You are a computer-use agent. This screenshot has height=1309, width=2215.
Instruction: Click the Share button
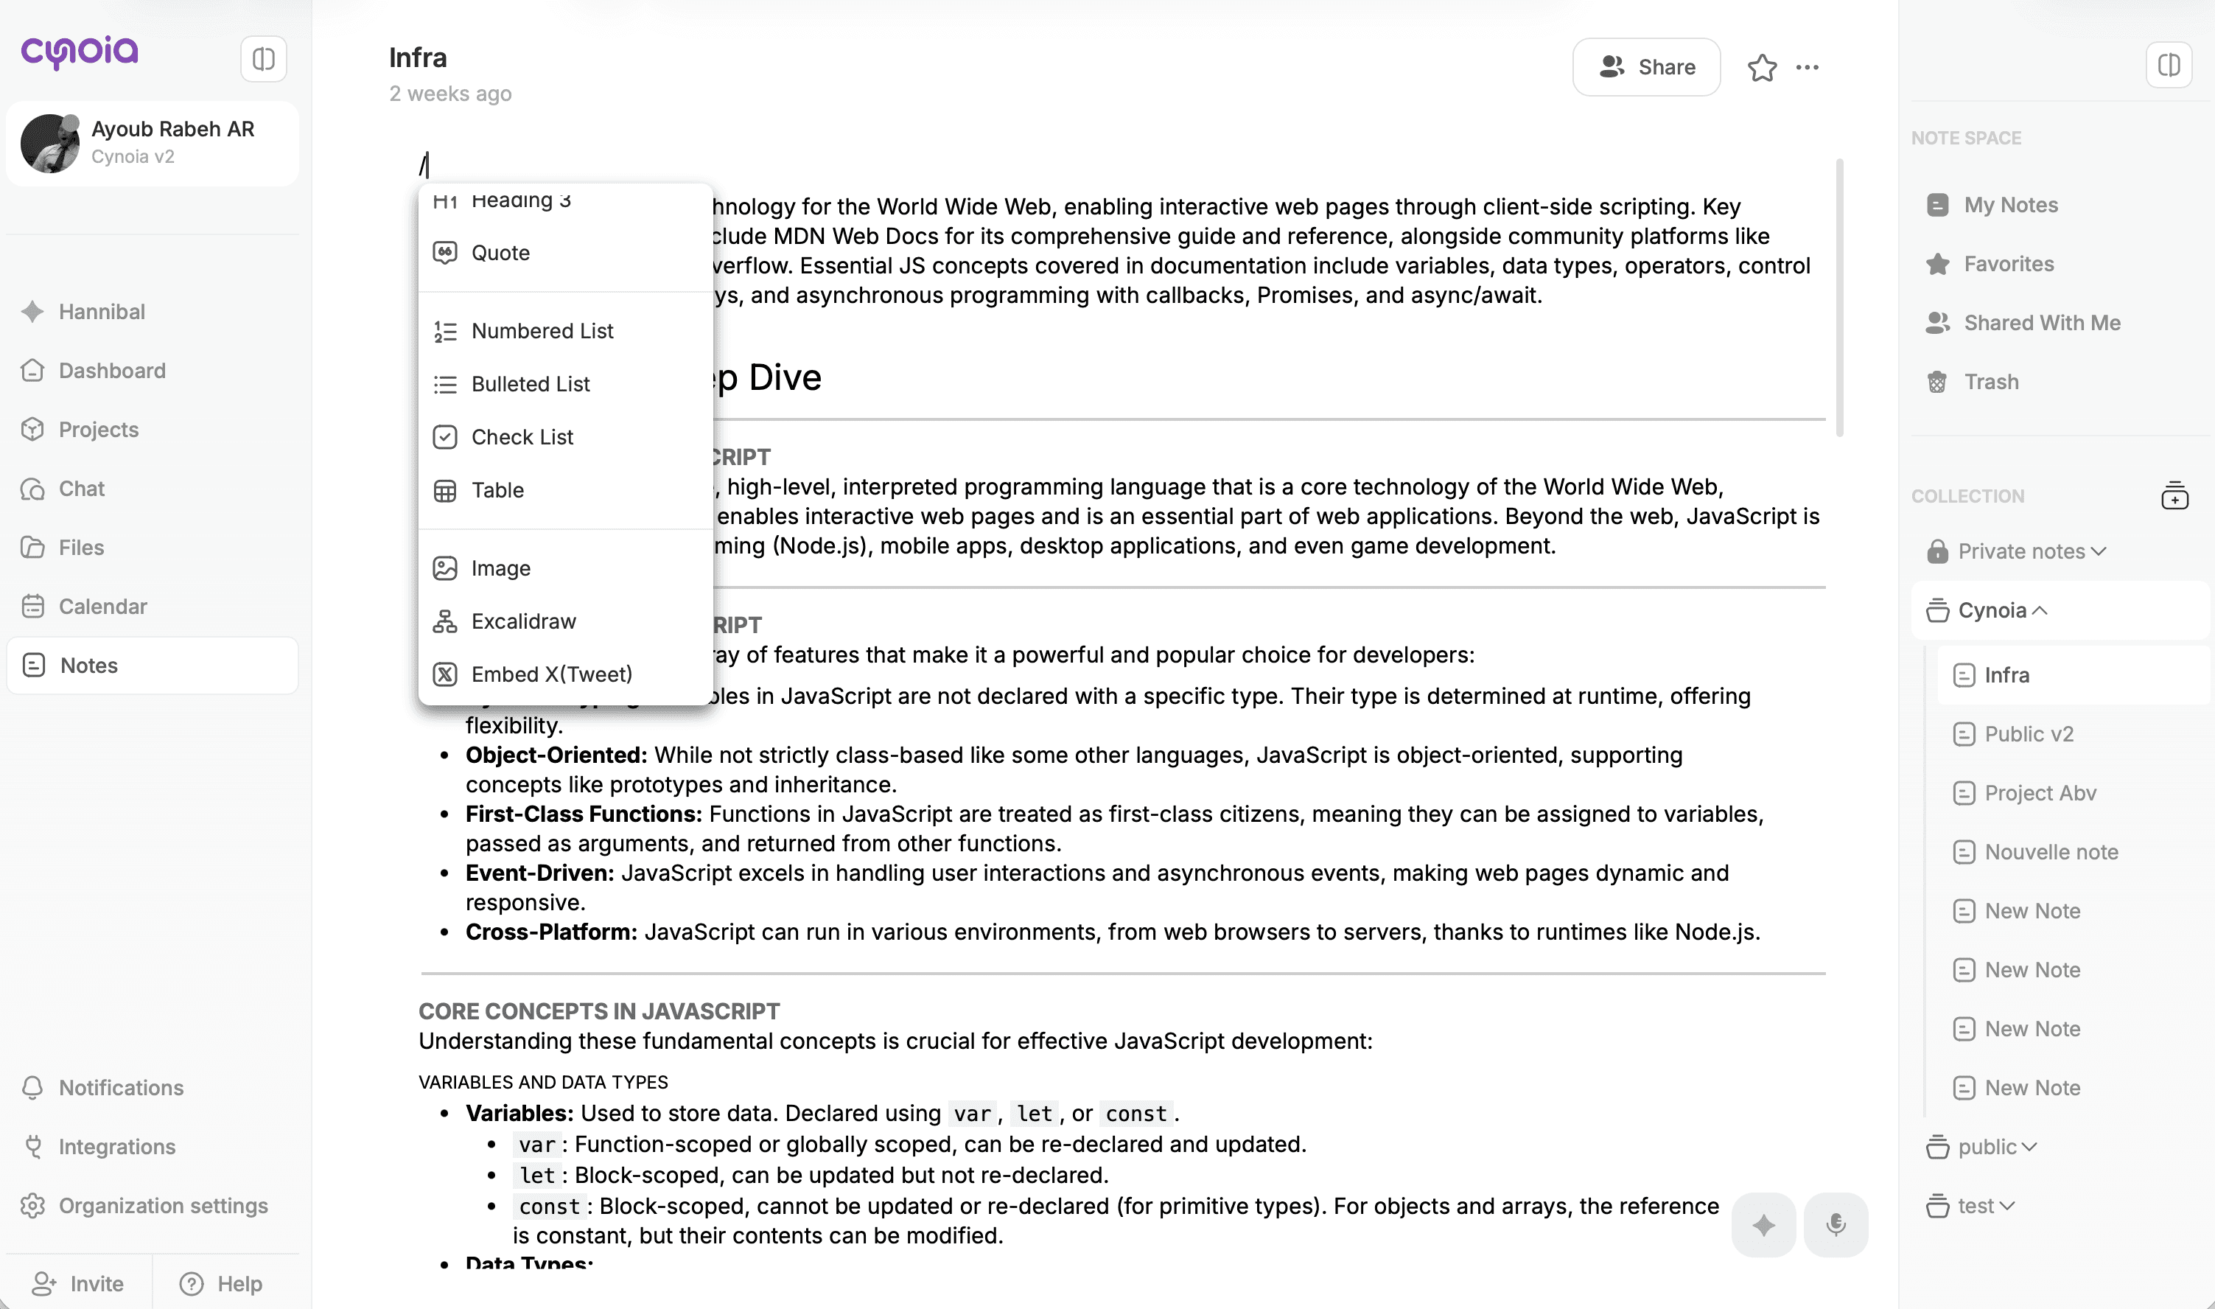point(1645,67)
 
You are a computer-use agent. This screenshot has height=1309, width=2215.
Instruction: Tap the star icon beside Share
point(1762,67)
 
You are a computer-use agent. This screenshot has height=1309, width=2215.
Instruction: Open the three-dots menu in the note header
point(1807,67)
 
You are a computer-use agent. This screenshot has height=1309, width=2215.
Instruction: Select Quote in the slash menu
point(500,253)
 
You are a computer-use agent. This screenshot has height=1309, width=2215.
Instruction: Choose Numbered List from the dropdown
point(542,331)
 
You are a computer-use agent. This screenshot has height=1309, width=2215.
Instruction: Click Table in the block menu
point(497,490)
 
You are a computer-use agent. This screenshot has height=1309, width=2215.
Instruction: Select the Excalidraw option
point(523,622)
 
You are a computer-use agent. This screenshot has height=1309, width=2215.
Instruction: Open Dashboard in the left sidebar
point(112,371)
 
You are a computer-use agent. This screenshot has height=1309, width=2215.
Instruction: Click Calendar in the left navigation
point(102,607)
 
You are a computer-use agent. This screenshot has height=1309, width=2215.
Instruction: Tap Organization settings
point(163,1206)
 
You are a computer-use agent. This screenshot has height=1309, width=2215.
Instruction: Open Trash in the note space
point(1990,382)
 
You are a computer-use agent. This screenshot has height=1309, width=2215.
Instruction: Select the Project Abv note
point(2040,793)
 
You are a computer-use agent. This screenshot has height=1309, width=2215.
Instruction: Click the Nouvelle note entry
point(2050,852)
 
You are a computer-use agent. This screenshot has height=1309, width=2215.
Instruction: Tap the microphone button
point(1835,1224)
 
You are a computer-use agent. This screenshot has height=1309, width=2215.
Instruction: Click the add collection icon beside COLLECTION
point(2174,496)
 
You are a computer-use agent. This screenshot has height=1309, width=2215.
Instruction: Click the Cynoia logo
point(80,53)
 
